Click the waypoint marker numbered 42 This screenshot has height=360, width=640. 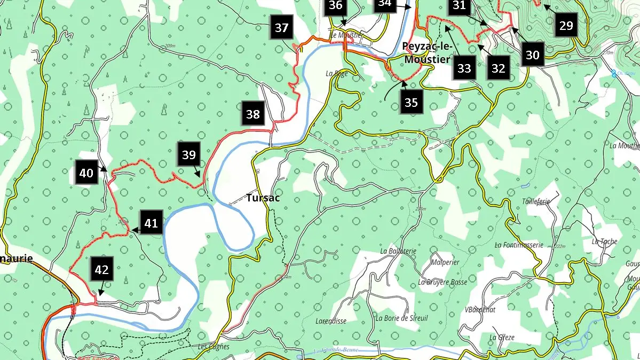tap(101, 270)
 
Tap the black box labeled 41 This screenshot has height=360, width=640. tap(151, 223)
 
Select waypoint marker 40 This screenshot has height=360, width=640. tap(86, 173)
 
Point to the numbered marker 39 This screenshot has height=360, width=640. tap(189, 155)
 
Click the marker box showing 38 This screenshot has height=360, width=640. tap(253, 114)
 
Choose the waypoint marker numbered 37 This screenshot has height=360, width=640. tap(282, 28)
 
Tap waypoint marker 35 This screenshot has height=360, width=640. tap(411, 103)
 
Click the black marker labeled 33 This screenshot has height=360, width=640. tap(464, 68)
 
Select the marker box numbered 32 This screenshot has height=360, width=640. tap(498, 68)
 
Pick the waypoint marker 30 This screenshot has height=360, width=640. tap(532, 54)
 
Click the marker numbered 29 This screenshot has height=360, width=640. tap(566, 25)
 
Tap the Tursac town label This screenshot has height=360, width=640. tap(263, 198)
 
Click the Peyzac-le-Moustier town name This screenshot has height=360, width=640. tap(426, 53)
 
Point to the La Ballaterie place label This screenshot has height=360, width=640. tap(398, 251)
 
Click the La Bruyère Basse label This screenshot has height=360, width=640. tap(443, 282)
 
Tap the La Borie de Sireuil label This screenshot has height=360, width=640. tap(401, 318)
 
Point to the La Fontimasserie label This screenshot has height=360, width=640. tap(519, 245)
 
